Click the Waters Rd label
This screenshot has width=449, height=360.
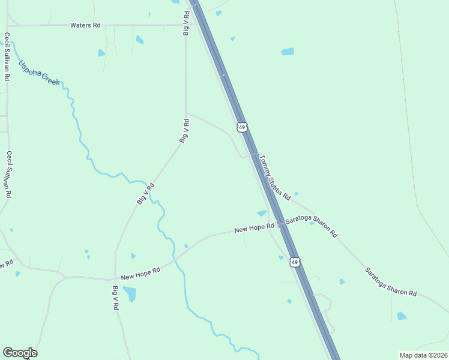click(85, 25)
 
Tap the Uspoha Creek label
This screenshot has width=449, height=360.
click(39, 73)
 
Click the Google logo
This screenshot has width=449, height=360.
click(20, 353)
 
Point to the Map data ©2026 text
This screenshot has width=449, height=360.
click(423, 355)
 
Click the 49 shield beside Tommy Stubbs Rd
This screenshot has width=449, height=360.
click(241, 127)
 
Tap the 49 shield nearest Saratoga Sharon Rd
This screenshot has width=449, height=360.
click(294, 262)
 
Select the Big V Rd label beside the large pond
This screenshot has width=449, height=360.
click(115, 298)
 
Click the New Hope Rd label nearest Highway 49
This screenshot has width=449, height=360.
click(254, 228)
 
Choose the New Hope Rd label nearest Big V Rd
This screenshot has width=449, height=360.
click(140, 274)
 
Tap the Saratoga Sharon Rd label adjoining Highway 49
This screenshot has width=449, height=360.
click(312, 227)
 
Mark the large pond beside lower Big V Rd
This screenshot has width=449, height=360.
click(130, 294)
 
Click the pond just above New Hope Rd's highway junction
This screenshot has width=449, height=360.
click(262, 213)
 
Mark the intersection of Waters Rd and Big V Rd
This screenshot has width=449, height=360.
click(185, 25)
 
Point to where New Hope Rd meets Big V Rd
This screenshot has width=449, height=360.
click(115, 280)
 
